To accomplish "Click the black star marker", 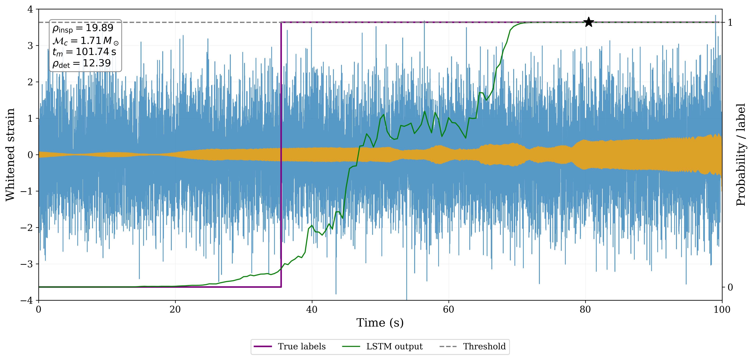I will [588, 22].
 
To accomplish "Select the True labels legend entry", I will [301, 347].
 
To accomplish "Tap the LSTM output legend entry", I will [394, 347].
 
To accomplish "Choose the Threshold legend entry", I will [484, 347].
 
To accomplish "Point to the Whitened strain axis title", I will [10, 154].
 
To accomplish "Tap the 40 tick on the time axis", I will [312, 309].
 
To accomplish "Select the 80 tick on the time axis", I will [585, 309].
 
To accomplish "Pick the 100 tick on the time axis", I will [722, 309].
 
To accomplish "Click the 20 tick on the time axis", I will [175, 309].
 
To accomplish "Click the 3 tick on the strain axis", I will [30, 46].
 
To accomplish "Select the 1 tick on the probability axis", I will [730, 22].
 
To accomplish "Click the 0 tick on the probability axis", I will [730, 287].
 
